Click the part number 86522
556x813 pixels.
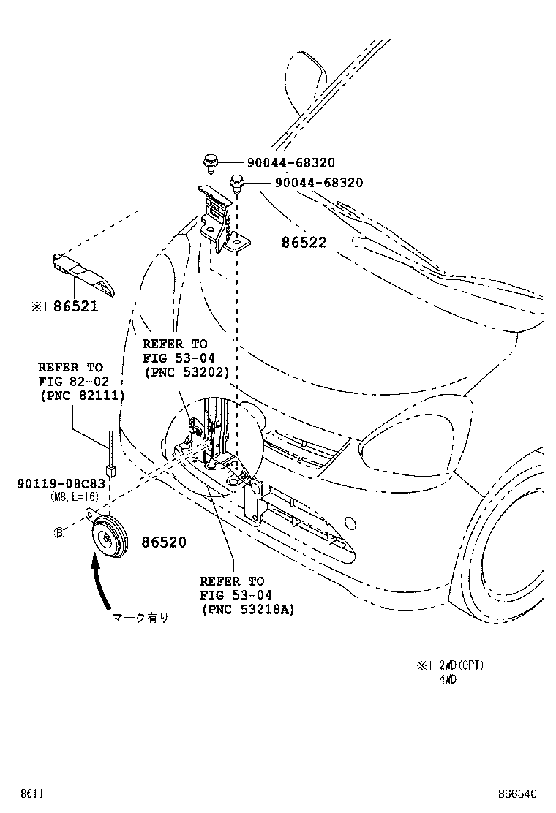click(x=304, y=243)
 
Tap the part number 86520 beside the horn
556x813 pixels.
click(x=164, y=542)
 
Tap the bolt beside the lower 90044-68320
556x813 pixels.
click(x=236, y=182)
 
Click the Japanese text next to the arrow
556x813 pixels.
click(x=140, y=618)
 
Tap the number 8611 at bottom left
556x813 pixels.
click(x=31, y=793)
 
